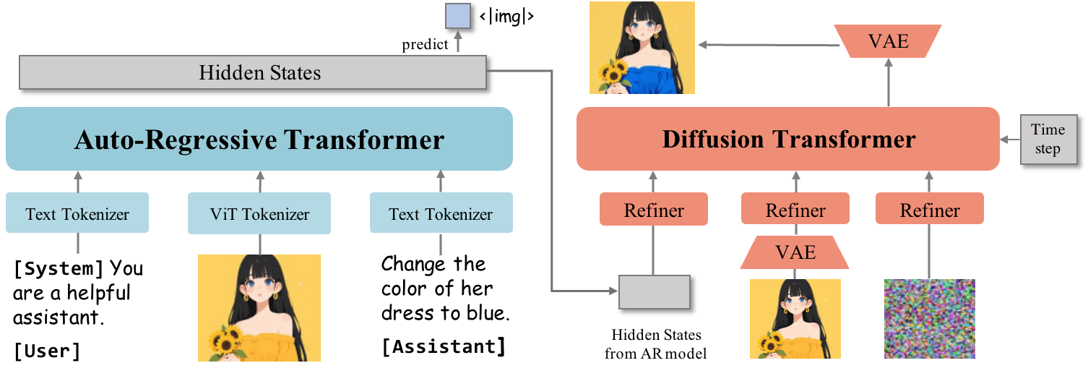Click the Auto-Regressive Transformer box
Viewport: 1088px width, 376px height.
(x=259, y=139)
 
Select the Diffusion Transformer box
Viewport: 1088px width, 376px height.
(x=788, y=139)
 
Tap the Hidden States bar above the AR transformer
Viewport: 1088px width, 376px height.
(x=252, y=73)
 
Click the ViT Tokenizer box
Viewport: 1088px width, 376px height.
(x=259, y=214)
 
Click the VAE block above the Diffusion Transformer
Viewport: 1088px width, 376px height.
(x=888, y=41)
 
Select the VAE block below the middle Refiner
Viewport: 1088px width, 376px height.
(x=795, y=252)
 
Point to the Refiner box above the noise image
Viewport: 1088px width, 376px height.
(x=929, y=210)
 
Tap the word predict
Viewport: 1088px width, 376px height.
(x=425, y=45)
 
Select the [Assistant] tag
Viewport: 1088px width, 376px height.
(x=444, y=346)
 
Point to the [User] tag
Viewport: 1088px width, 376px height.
(x=47, y=351)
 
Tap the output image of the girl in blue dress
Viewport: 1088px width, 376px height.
(x=642, y=48)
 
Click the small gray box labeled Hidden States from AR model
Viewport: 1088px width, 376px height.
(x=654, y=291)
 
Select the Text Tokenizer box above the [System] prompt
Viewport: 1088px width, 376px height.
(x=77, y=214)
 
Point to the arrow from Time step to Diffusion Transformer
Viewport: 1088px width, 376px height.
(x=1010, y=139)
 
